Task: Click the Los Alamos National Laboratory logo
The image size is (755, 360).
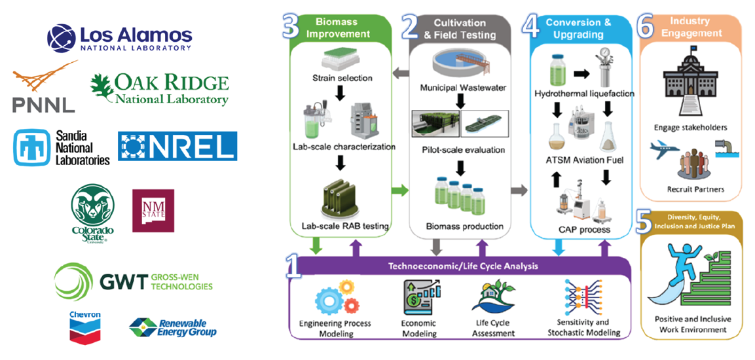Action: pos(120,37)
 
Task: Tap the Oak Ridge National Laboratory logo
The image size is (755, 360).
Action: pos(159,90)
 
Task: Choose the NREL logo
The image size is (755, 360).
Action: pos(177,145)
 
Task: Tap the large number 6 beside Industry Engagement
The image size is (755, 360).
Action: pos(646,27)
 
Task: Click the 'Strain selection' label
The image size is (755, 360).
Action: pos(342,79)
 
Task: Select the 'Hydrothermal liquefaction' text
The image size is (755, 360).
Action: pos(584,94)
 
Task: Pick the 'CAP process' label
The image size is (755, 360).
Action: pos(584,230)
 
